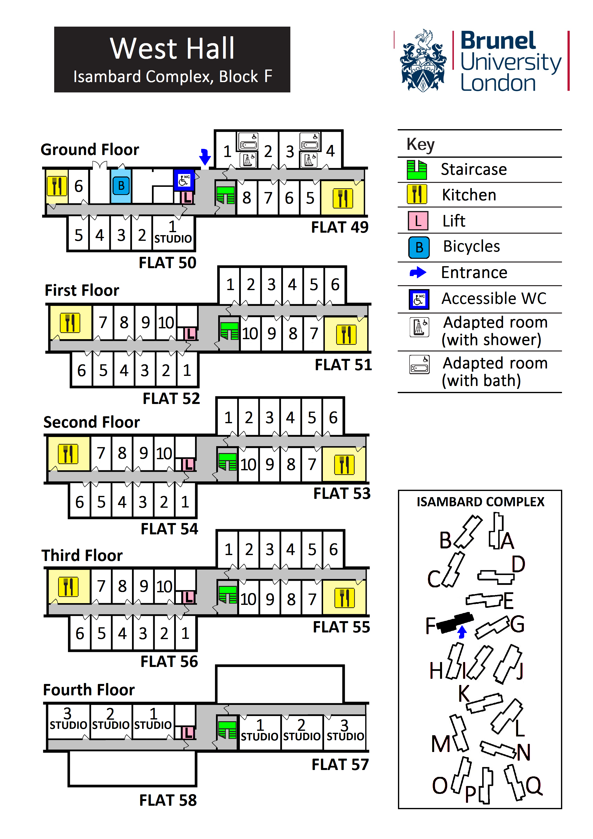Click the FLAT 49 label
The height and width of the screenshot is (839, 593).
click(340, 227)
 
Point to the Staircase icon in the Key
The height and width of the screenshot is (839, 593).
click(417, 170)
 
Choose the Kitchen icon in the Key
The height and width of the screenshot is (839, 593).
click(417, 194)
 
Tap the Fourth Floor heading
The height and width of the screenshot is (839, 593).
click(89, 690)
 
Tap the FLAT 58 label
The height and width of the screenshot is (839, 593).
click(168, 800)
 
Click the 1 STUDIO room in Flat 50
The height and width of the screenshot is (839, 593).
click(173, 233)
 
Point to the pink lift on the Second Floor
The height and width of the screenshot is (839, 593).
click(188, 464)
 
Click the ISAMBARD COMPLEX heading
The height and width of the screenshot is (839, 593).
click(480, 502)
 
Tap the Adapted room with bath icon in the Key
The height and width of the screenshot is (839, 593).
click(419, 365)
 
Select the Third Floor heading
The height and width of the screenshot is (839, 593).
click(82, 556)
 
